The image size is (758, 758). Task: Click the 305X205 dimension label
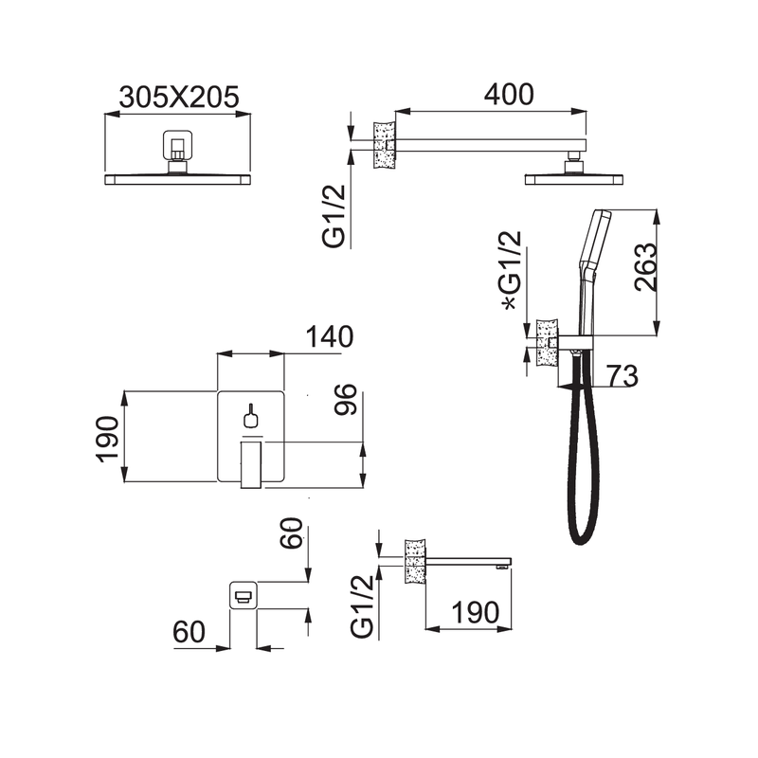click(x=179, y=98)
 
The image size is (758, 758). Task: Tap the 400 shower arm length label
click(x=509, y=94)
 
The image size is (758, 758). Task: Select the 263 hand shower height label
click(x=646, y=267)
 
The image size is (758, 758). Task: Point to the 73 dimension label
click(x=623, y=375)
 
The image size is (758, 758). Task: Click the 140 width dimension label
click(x=329, y=337)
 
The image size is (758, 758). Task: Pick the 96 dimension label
click(x=346, y=399)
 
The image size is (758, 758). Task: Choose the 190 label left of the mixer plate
click(x=107, y=439)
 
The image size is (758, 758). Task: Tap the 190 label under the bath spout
click(x=476, y=612)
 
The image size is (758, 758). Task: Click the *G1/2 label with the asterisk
click(x=512, y=270)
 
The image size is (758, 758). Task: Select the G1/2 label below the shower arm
click(x=334, y=216)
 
